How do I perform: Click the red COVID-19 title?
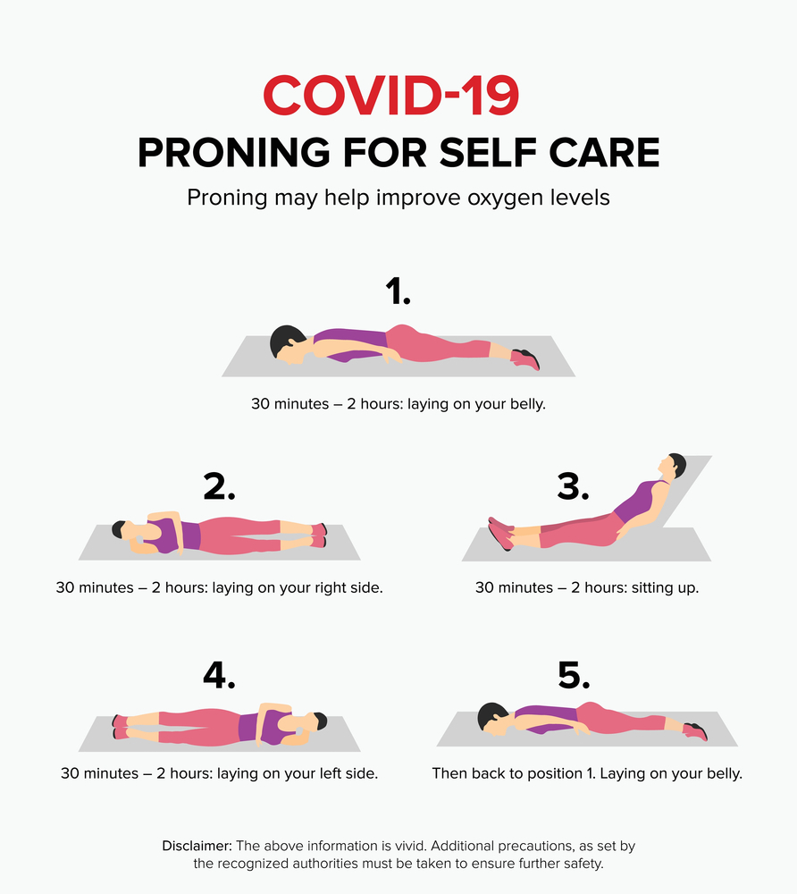[x=390, y=96]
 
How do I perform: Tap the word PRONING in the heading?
[x=234, y=153]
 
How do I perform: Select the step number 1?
[x=398, y=291]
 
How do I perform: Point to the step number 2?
[x=219, y=487]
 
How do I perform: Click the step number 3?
[x=573, y=487]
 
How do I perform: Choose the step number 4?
[x=219, y=675]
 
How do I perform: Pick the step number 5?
[x=574, y=675]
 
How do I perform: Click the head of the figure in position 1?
[x=289, y=344]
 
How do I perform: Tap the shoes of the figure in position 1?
[x=525, y=359]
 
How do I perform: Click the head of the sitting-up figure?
[x=673, y=467]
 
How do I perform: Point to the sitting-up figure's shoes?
[x=500, y=533]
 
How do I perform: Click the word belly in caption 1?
[x=527, y=404]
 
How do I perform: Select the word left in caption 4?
[x=322, y=773]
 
